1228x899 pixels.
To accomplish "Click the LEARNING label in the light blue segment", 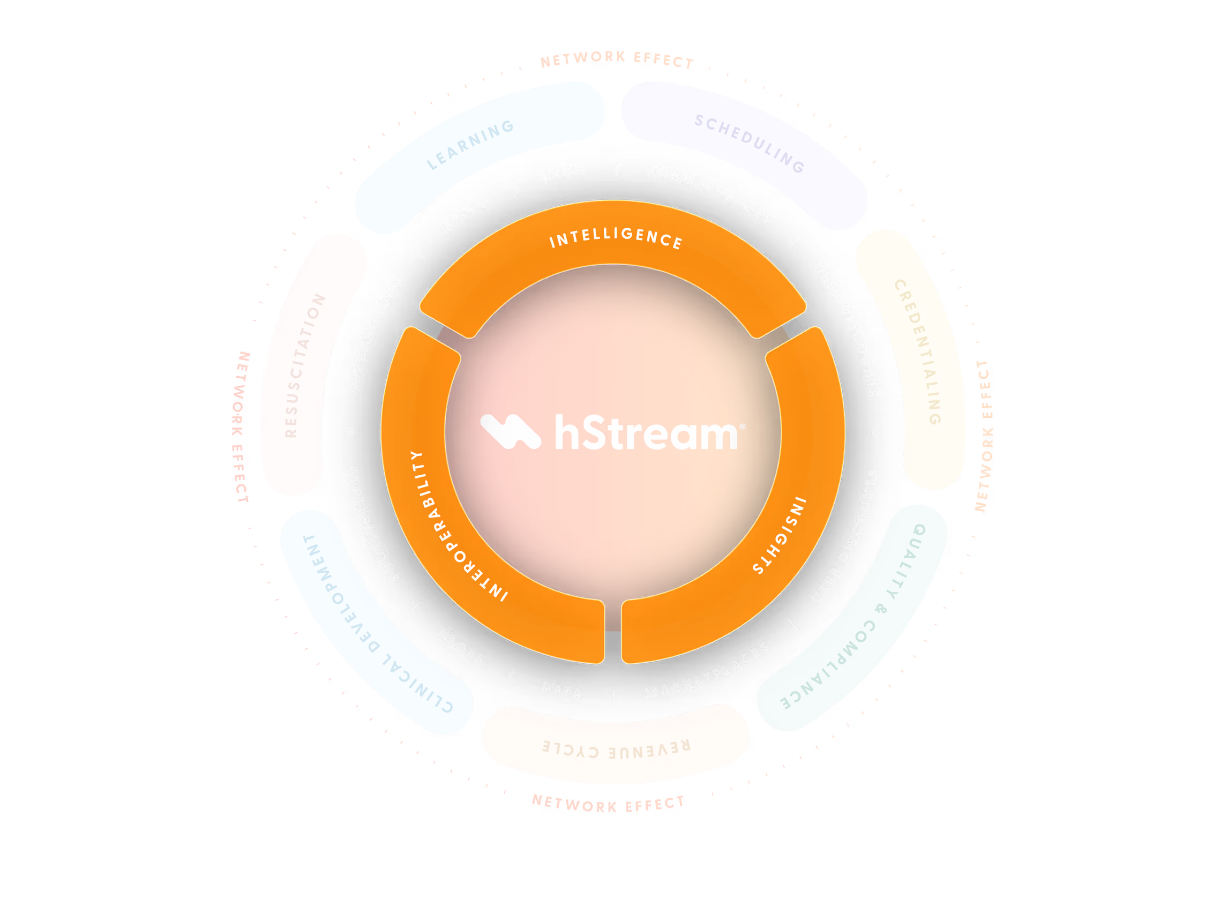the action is (470, 145).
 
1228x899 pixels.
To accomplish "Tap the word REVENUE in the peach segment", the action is (650, 750).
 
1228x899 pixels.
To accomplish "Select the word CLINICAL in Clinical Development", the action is (417, 683).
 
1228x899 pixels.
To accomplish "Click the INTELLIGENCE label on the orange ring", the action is (616, 238).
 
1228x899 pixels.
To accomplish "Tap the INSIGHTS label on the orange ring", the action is (779, 535).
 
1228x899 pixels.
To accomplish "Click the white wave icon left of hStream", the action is (510, 431).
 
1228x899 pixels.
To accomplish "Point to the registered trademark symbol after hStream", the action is (743, 426).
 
